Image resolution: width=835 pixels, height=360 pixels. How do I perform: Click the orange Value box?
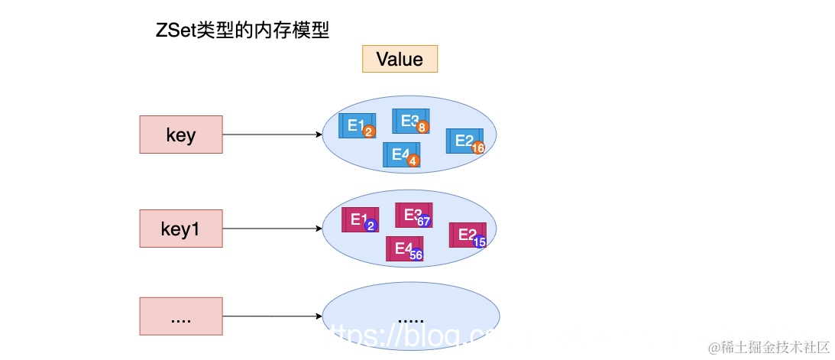coord(400,60)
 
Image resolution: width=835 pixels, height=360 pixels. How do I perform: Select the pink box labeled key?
coord(181,135)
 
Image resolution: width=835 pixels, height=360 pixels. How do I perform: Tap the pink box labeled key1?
coord(181,229)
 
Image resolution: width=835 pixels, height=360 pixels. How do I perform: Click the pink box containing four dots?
coord(181,316)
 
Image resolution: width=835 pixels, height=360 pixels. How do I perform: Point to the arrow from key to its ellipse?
coord(271,135)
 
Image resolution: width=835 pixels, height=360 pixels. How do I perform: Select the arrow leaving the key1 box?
coord(271,229)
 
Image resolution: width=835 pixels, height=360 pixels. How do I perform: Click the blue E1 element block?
coord(354,125)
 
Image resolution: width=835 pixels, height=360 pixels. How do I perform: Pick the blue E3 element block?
coord(409,120)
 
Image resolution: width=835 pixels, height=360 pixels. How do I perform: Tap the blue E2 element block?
coord(463,140)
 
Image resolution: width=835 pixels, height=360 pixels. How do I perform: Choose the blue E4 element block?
coord(400,154)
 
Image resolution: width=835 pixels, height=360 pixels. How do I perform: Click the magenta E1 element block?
coord(358,219)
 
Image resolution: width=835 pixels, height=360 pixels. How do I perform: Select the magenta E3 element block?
coord(412,214)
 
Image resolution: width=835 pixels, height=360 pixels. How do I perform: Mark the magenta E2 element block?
coord(466,235)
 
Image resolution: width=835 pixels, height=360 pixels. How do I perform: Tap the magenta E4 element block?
coord(403,248)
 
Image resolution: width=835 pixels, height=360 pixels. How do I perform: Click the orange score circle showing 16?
coord(479,148)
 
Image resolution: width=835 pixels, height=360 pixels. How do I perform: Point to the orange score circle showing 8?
coord(422,128)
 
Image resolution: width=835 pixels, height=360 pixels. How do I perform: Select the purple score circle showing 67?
coord(424,222)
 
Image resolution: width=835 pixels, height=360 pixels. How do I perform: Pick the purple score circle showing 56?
coord(416,255)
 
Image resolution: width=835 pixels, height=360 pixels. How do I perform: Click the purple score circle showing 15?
coord(480,242)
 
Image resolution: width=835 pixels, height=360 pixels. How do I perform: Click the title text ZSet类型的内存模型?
coord(242,31)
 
